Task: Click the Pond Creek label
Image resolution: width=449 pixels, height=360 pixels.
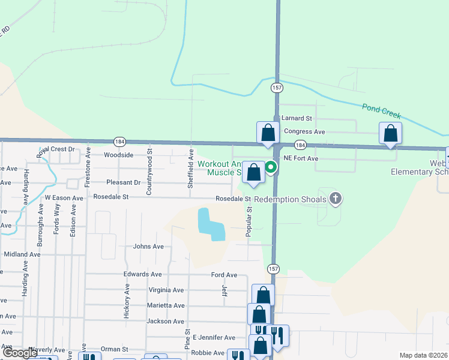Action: [381, 111]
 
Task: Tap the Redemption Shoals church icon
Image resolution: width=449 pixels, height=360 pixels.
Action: [336, 199]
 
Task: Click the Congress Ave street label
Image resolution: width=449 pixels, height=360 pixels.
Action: [304, 131]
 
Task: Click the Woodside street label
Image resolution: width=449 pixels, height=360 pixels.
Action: [118, 155]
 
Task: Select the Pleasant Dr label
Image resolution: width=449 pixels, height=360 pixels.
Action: [122, 182]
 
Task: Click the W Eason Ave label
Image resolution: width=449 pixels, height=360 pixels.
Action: [64, 197]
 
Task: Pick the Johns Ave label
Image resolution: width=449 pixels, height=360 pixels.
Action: [148, 246]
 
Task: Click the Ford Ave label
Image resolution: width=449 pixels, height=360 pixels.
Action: [224, 275]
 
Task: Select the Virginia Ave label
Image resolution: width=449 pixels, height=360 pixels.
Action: [166, 290]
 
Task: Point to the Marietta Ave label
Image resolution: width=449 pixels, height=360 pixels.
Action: [166, 305]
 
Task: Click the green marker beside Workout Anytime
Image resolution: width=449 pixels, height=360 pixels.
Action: [271, 167]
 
